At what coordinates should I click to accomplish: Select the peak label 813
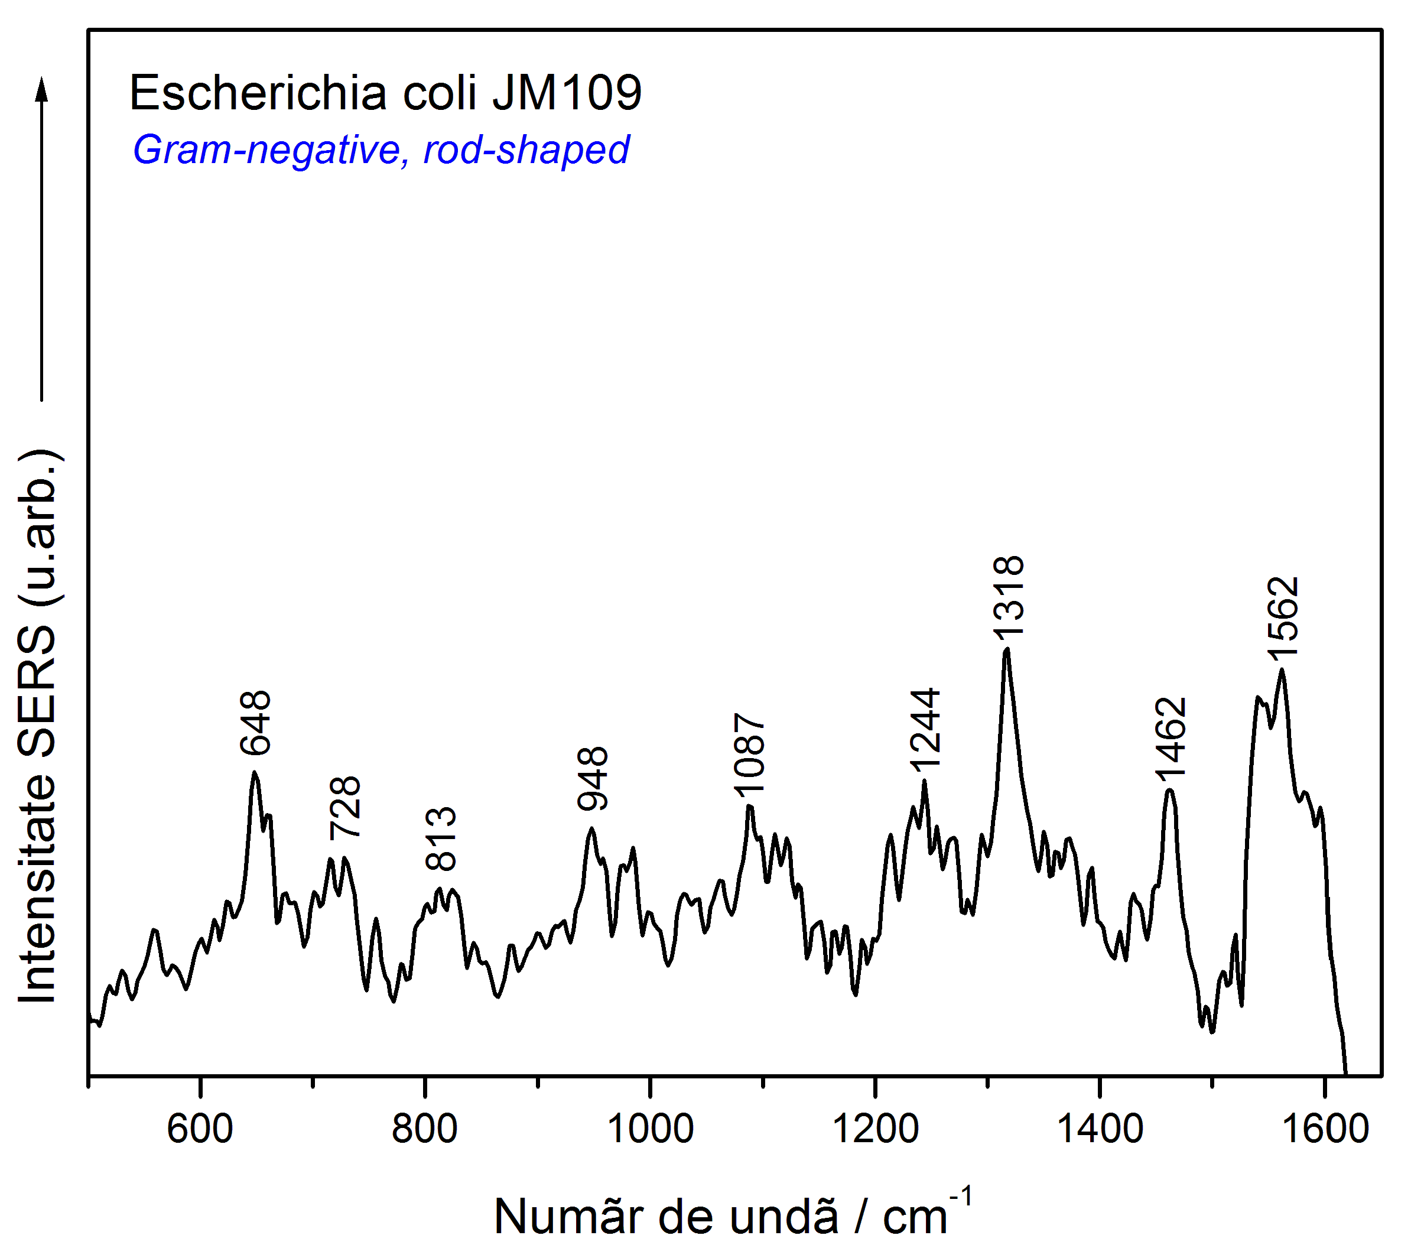click(x=441, y=838)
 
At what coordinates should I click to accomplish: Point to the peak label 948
click(x=593, y=778)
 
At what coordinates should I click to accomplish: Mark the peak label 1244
click(x=925, y=729)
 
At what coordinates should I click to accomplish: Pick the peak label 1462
click(x=1171, y=737)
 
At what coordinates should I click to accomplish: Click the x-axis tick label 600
click(x=200, y=1129)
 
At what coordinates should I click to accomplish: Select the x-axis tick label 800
click(x=424, y=1129)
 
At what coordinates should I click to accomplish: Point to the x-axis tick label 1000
click(x=650, y=1129)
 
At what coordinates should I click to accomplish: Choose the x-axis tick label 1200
click(x=875, y=1129)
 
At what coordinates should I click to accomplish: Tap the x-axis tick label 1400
click(x=1100, y=1129)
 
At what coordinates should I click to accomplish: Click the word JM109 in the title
click(x=567, y=93)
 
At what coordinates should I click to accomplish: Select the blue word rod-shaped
click(x=526, y=149)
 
